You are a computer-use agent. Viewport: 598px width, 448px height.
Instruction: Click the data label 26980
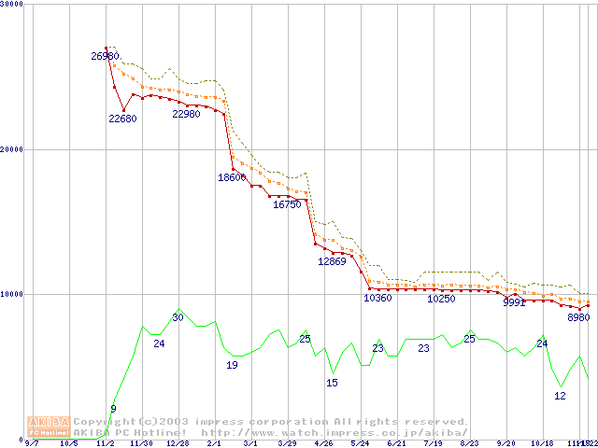pos(105,57)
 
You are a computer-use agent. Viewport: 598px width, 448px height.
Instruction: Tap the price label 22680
pos(122,119)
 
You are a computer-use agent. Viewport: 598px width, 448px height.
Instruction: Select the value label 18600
pos(232,177)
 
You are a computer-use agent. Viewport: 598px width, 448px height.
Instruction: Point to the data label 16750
pos(287,204)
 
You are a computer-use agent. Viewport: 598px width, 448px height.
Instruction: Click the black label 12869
pos(332,261)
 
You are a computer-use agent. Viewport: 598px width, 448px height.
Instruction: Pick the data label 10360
pos(377,299)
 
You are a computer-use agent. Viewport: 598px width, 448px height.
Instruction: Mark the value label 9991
pos(515,302)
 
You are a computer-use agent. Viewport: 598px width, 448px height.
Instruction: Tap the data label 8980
pos(579,317)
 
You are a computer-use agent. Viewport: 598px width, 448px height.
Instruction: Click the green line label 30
pos(178,318)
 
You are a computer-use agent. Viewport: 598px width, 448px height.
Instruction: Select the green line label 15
pos(332,383)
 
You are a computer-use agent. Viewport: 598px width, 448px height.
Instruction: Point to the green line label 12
pos(560,396)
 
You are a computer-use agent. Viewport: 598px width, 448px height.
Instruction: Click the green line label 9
pos(113,409)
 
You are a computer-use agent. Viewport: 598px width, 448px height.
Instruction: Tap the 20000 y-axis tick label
pos(12,149)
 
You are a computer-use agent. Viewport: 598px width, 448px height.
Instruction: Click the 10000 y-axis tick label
pos(12,294)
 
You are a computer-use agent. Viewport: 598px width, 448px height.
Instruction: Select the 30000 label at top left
pos(12,4)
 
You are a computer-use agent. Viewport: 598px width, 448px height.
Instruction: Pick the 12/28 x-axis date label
pos(178,443)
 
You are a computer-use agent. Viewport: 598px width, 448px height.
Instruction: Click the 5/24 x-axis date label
pos(360,443)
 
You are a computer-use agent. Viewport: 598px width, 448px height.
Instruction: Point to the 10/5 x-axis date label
pos(68,443)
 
